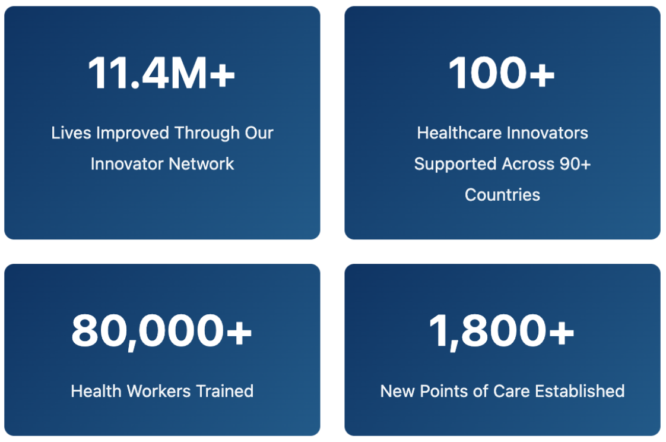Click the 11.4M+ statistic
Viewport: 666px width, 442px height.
(x=161, y=73)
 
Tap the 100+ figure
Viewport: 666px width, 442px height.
(x=502, y=73)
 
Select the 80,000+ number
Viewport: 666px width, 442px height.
(x=161, y=331)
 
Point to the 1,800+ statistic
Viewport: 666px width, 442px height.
(x=502, y=331)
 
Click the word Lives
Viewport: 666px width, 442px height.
(x=71, y=133)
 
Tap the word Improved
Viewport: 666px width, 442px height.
(x=133, y=134)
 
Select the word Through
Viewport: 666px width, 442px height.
(x=207, y=134)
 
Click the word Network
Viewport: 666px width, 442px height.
(x=201, y=164)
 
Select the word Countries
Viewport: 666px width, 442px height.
(x=503, y=195)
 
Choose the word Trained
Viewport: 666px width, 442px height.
(x=225, y=391)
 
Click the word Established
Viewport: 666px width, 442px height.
(x=580, y=391)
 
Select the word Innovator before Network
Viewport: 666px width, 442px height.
(x=128, y=164)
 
